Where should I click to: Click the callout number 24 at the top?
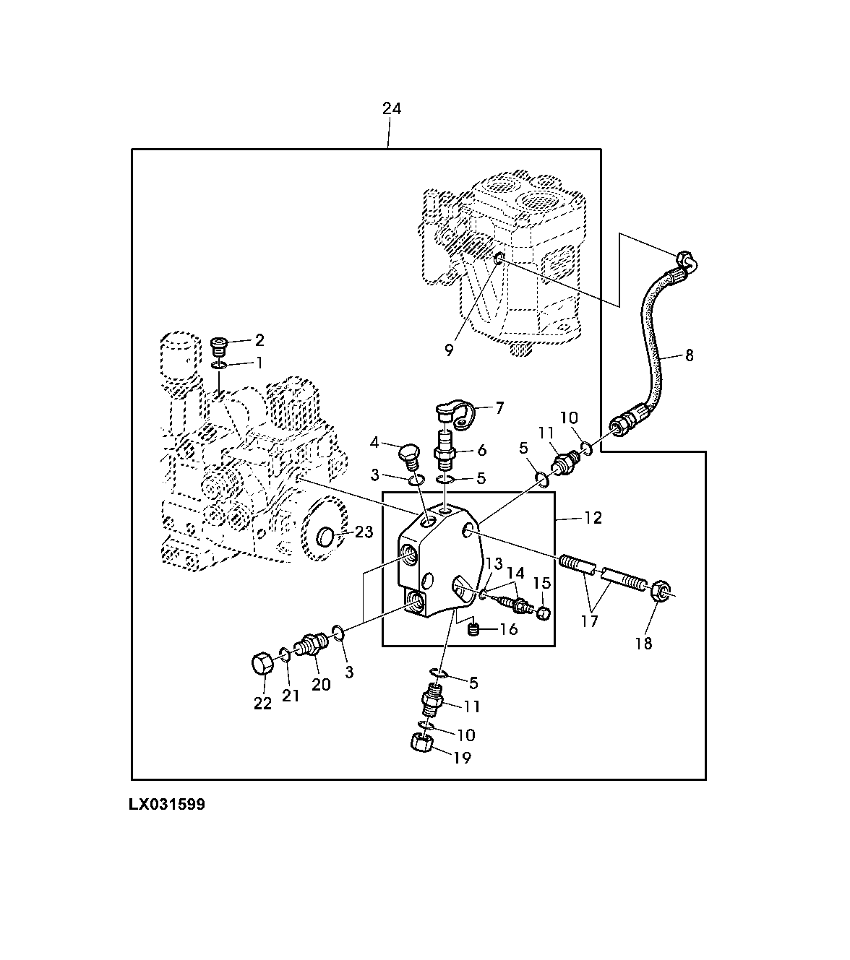pyautogui.click(x=391, y=109)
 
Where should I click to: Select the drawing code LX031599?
pyautogui.click(x=168, y=805)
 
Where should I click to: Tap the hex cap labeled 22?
pyautogui.click(x=262, y=662)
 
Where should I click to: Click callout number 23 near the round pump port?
pyautogui.click(x=364, y=533)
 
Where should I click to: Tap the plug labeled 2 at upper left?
pyautogui.click(x=218, y=344)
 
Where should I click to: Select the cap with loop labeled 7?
pyautogui.click(x=453, y=414)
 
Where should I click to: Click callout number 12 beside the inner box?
pyautogui.click(x=593, y=519)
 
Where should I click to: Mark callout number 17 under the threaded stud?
pyautogui.click(x=590, y=620)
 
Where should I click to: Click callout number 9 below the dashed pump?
pyautogui.click(x=449, y=350)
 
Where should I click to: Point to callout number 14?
pyautogui.click(x=515, y=574)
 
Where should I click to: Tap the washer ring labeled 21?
pyautogui.click(x=286, y=655)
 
